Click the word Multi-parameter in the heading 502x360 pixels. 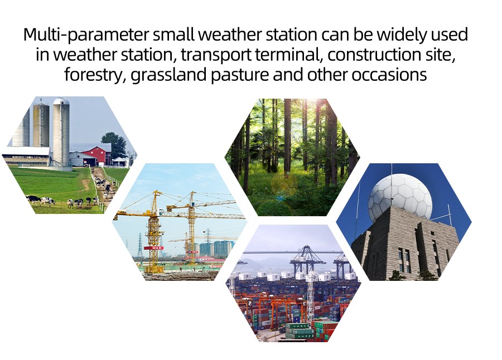point(86,35)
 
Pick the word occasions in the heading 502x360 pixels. point(389,75)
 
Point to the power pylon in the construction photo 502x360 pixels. point(139,245)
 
